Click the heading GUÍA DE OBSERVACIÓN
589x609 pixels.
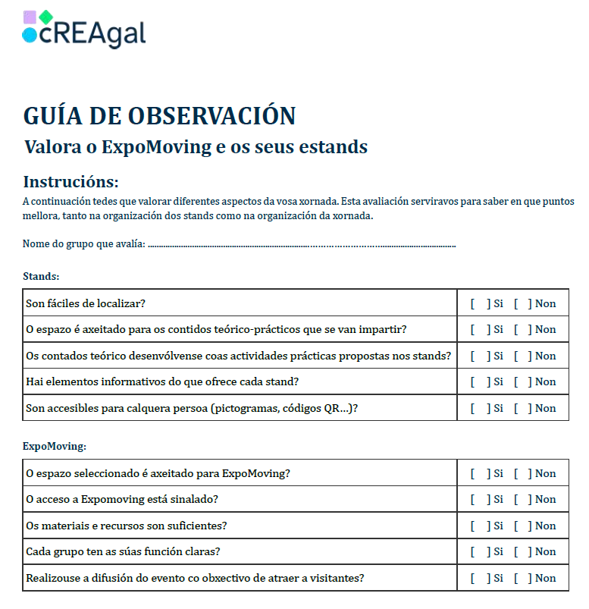159,116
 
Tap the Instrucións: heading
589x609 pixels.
70,182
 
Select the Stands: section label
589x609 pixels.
41,276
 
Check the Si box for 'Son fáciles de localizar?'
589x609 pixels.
479,303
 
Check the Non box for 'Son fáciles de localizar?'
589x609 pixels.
522,303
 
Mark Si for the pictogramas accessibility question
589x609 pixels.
479,408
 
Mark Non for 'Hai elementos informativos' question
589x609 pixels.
522,381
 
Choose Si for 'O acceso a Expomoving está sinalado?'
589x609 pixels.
479,499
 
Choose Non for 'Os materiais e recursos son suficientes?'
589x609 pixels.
522,526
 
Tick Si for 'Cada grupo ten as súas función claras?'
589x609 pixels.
479,551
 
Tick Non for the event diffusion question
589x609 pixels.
522,578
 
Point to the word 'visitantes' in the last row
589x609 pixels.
334,578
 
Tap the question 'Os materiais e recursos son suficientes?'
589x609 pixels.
127,526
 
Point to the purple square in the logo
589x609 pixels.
30,17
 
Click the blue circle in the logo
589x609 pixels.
30,35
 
